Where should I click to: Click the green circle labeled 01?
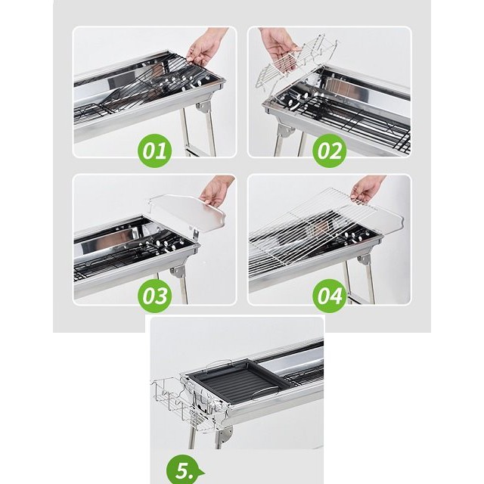pos(154,150)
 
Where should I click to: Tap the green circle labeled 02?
pos(330,150)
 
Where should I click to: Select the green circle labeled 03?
pos(154,296)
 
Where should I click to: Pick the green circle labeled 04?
pos(330,296)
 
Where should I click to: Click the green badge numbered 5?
pos(185,470)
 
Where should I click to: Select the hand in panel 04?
pos(368,190)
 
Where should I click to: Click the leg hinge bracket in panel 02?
pos(286,132)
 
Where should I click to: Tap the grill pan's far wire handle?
pos(219,363)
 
